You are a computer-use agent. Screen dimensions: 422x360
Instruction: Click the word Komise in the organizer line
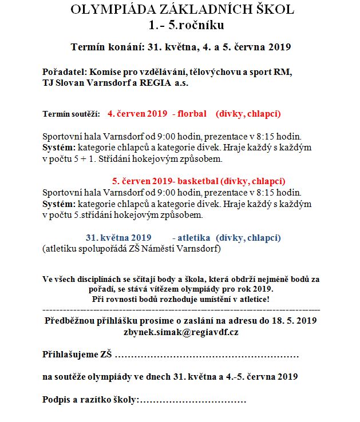(x=104, y=72)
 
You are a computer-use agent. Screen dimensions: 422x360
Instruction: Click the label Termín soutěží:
(x=72, y=114)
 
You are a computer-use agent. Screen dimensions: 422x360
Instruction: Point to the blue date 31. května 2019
(x=118, y=237)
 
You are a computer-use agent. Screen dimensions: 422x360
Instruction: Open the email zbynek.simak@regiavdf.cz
(x=181, y=331)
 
